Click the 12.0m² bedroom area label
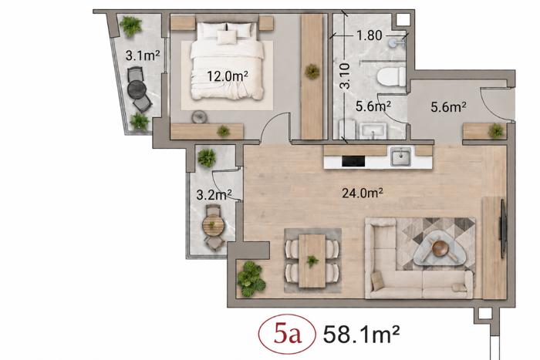coord(228,76)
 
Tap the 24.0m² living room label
coord(363,193)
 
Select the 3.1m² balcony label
coord(143,55)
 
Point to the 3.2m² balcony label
coord(214,195)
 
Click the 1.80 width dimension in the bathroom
coord(370,35)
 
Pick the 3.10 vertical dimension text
coord(345,76)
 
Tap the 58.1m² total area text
coord(362,334)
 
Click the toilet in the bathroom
coord(391,77)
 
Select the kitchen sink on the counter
coord(400,157)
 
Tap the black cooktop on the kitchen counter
coord(353,161)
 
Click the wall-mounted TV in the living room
coord(503,228)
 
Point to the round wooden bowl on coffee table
coord(440,247)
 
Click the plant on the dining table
coord(312,261)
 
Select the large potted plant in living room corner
coord(251,279)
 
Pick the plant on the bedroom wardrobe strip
coord(312,72)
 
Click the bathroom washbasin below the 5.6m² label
coord(373,131)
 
